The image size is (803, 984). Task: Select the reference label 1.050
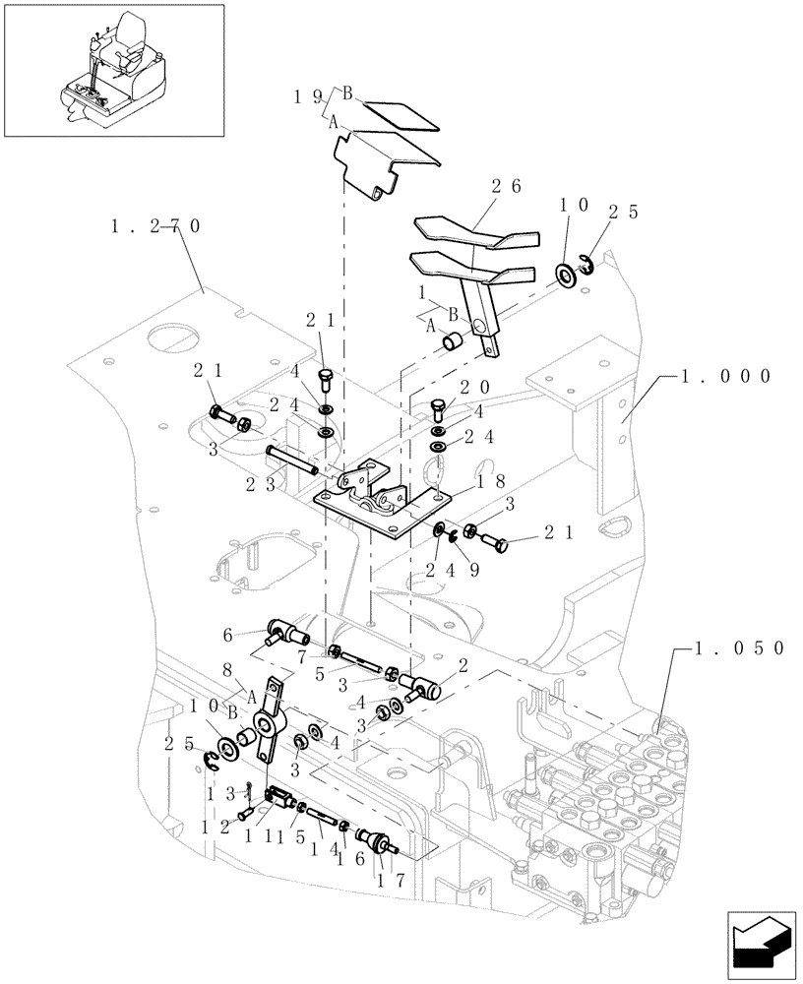[738, 648]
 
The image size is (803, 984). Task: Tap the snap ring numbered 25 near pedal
[585, 264]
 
